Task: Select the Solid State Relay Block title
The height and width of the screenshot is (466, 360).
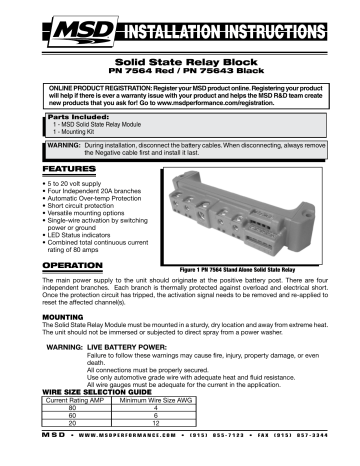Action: (180, 61)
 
